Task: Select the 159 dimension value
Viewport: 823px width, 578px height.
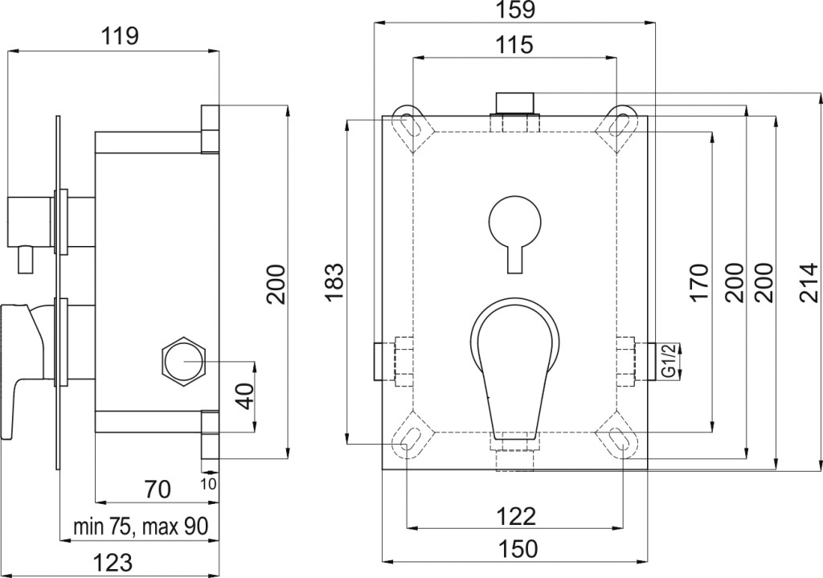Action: click(514, 10)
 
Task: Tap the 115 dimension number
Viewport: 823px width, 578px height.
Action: click(514, 45)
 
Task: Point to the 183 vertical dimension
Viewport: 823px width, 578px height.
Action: click(335, 281)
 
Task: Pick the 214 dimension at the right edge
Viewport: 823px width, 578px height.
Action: click(809, 281)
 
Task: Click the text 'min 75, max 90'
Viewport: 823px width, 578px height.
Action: click(141, 527)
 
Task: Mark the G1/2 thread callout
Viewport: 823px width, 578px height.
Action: click(668, 359)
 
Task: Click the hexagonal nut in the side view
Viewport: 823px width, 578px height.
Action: click(185, 359)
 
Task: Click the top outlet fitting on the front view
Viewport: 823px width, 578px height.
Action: click(514, 105)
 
